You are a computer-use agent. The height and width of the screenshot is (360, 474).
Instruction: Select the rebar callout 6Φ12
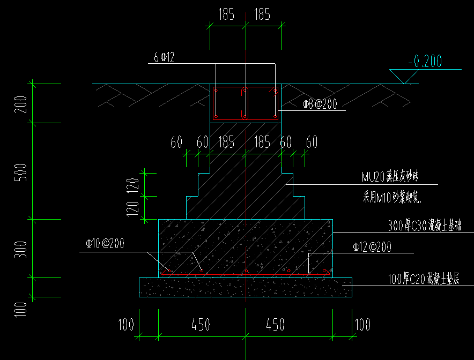point(164,57)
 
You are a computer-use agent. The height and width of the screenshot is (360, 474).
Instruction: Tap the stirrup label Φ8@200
point(320,104)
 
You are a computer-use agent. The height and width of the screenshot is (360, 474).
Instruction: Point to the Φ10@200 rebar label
point(105,244)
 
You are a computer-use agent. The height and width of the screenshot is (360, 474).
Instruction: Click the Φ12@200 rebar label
point(372,247)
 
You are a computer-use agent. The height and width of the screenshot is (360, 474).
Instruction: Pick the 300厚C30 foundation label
point(424,226)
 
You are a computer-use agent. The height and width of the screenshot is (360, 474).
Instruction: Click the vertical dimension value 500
point(20,172)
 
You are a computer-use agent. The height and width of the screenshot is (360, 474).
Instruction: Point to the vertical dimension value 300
point(20,249)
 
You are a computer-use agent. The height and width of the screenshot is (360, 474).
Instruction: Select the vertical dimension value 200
point(20,103)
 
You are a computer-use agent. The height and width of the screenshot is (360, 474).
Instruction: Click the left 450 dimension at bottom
point(201,325)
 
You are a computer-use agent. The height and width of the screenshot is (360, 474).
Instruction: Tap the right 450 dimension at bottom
point(276,325)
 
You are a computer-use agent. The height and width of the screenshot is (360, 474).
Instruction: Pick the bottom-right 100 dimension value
point(362,325)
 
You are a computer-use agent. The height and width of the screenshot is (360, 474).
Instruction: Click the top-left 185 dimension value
point(226,14)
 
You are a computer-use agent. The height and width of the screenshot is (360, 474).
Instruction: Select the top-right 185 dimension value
point(262,14)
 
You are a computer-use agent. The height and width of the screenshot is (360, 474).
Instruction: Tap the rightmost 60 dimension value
point(312,142)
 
